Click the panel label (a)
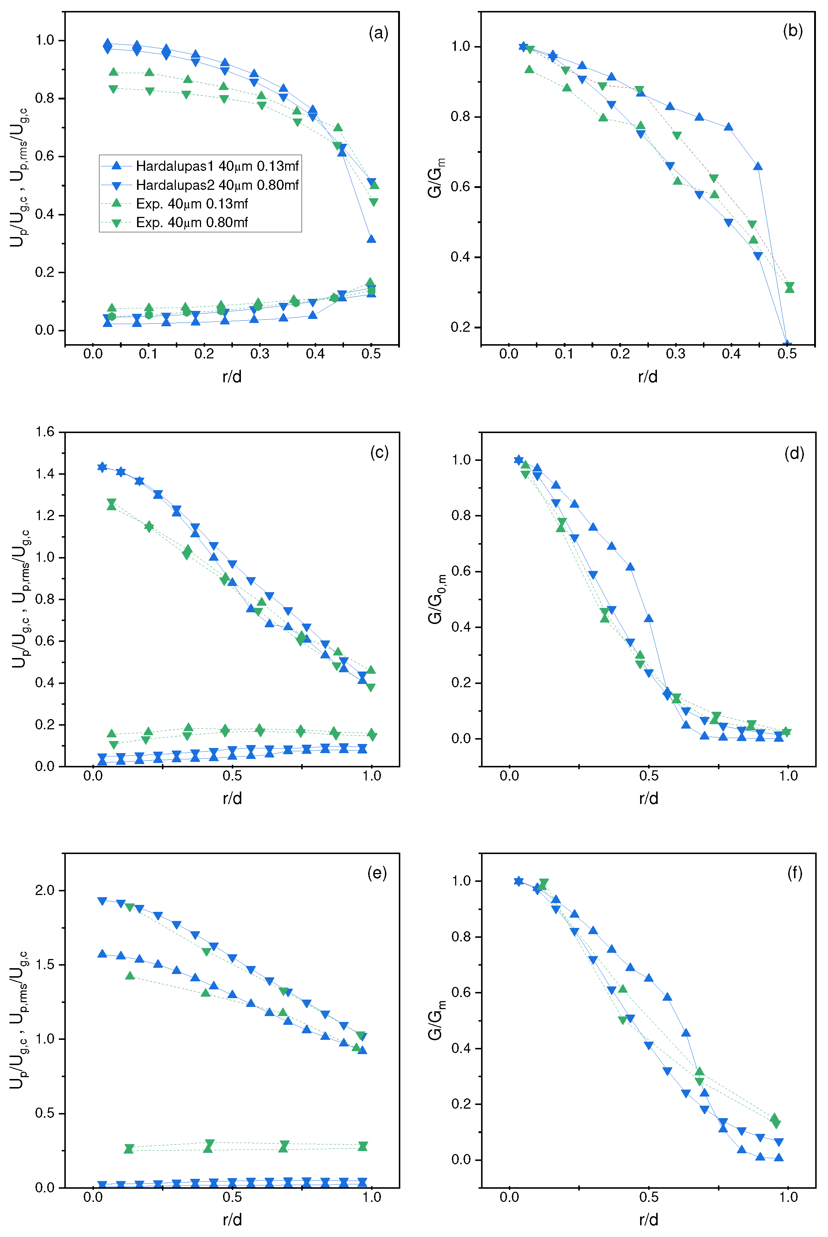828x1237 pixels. coord(378,33)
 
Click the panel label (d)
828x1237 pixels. coord(794,453)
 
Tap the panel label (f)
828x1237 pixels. coord(794,873)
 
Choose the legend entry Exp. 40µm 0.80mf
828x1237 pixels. coord(192,222)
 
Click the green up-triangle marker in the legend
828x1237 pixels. coord(117,203)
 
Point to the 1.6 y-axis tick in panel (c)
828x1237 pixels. coord(45,432)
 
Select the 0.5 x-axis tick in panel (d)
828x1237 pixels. coord(649,776)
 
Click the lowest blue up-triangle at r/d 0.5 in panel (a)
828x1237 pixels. coord(371,239)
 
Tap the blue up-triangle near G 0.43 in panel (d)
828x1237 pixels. coord(649,618)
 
